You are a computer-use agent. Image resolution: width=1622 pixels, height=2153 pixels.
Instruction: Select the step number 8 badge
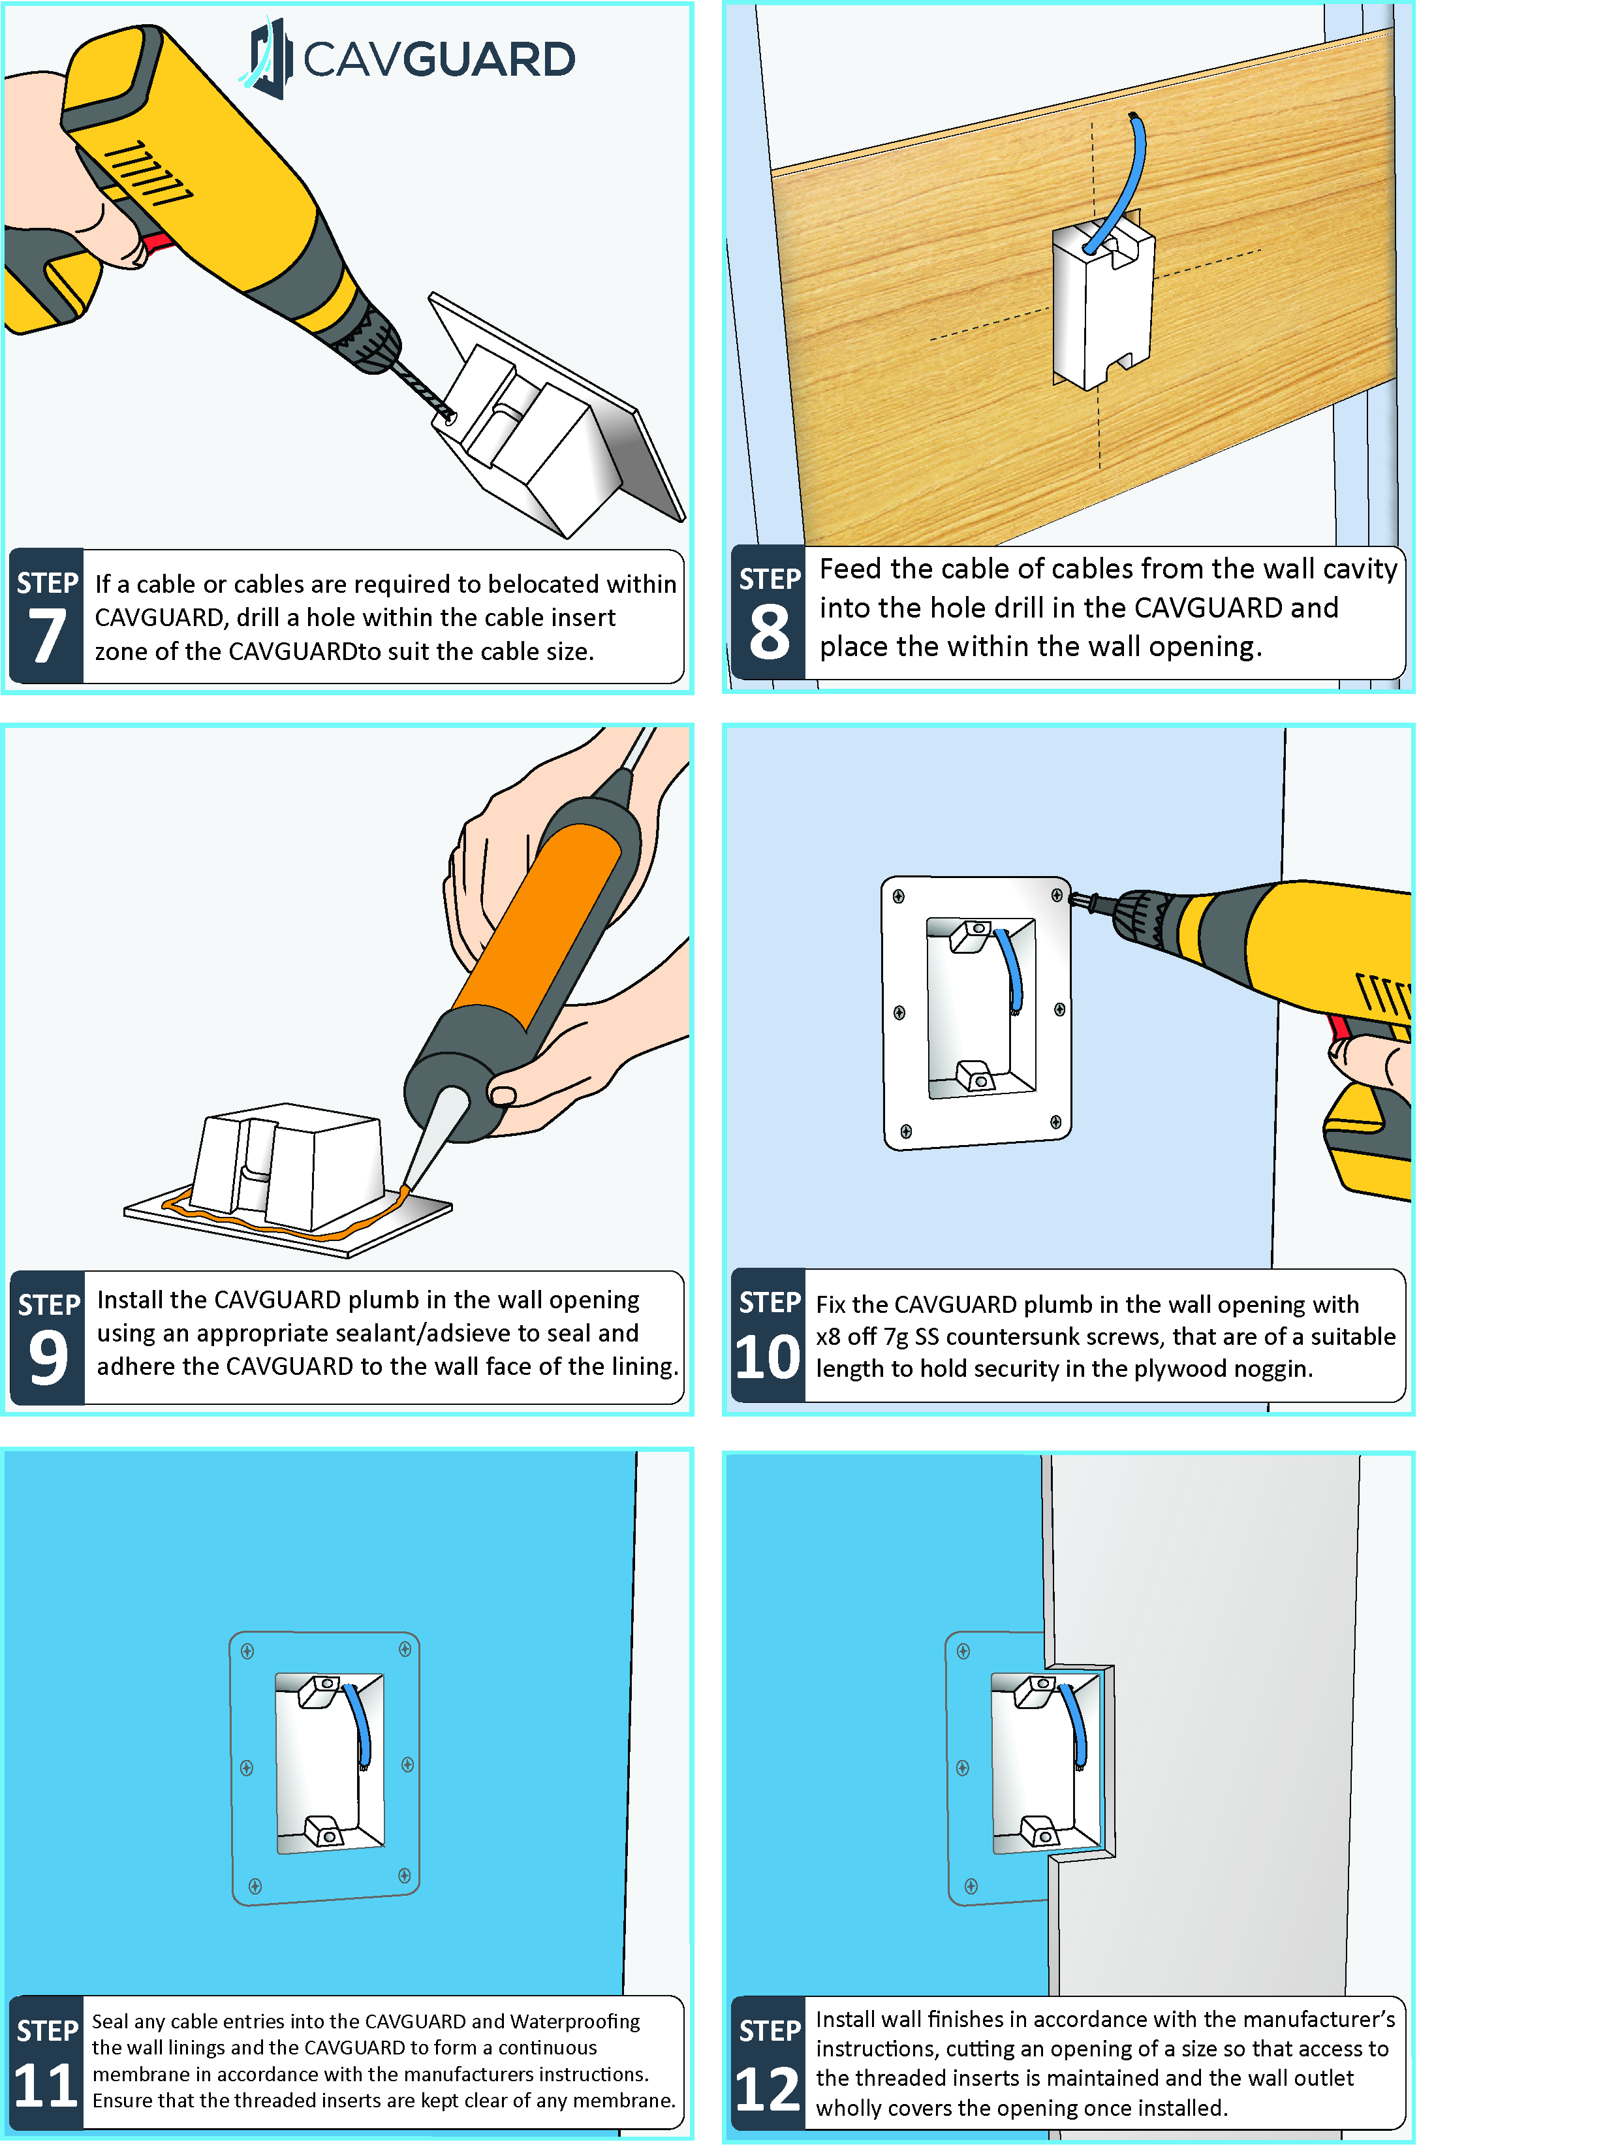(x=769, y=613)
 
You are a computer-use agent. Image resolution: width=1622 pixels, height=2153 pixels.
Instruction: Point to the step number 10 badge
(x=768, y=1336)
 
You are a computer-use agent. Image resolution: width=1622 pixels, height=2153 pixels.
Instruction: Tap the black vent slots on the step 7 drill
(x=148, y=172)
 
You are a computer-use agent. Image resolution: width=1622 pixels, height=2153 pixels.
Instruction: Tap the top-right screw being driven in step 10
(x=1057, y=896)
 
